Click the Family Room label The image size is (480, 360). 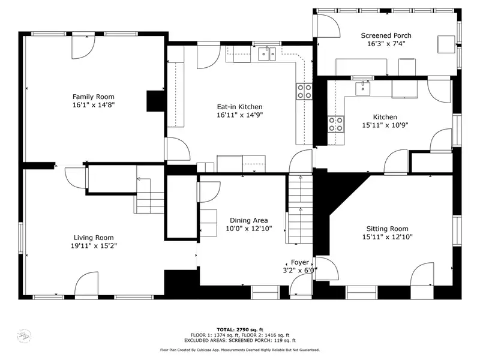pyautogui.click(x=94, y=97)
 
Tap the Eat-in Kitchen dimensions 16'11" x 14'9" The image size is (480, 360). pyautogui.click(x=239, y=115)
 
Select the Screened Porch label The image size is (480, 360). pyautogui.click(x=386, y=35)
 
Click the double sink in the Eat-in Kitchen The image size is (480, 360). pyautogui.click(x=267, y=54)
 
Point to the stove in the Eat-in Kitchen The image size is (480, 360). pyautogui.click(x=304, y=92)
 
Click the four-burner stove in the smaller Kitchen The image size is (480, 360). pyautogui.click(x=336, y=124)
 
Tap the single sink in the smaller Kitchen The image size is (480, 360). pyautogui.click(x=363, y=88)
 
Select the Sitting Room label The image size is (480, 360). pyautogui.click(x=387, y=229)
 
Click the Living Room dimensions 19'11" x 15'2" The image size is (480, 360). pyautogui.click(x=94, y=246)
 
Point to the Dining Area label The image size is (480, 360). pyautogui.click(x=248, y=220)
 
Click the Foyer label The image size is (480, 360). pyautogui.click(x=299, y=262)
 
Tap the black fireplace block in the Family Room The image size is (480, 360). pyautogui.click(x=155, y=101)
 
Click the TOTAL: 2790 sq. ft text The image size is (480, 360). pyautogui.click(x=240, y=329)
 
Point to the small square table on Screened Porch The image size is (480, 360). pyautogui.click(x=446, y=44)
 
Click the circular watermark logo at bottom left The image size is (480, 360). pyautogui.click(x=24, y=336)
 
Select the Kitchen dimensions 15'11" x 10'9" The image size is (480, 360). pyautogui.click(x=385, y=125)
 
